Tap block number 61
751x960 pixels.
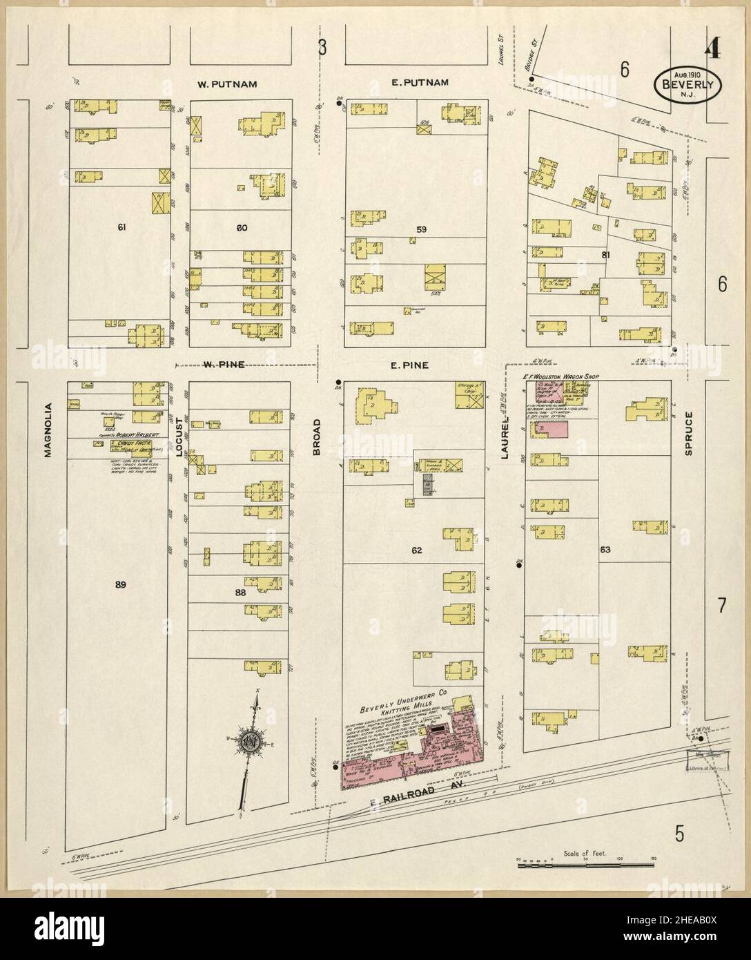[124, 227]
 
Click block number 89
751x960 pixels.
[121, 584]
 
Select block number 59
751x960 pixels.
[422, 228]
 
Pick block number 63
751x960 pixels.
[605, 550]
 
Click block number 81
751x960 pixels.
[607, 255]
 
